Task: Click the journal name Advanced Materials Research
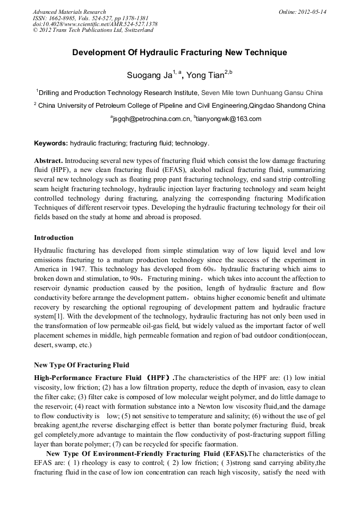pyautogui.click(x=69, y=12)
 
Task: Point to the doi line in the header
pyautogui.click(x=95, y=24)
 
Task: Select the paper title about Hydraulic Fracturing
pyautogui.click(x=179, y=53)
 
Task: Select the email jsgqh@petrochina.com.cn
pyautogui.click(x=151, y=119)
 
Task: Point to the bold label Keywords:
pyautogui.click(x=51, y=143)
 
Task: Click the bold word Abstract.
pyautogui.click(x=48, y=160)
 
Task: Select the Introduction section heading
pyautogui.click(x=54, y=237)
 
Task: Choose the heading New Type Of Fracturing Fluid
pyautogui.click(x=81, y=365)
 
